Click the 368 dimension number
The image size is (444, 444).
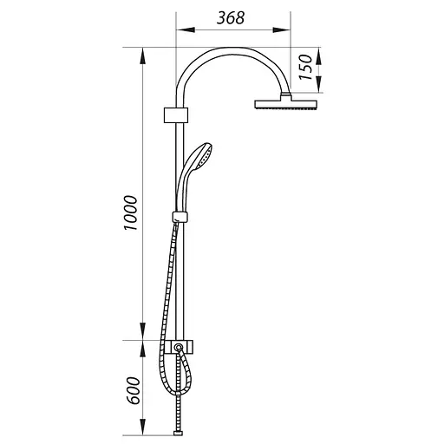[231, 18]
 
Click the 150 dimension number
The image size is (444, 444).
[306, 68]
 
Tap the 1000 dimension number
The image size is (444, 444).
[130, 212]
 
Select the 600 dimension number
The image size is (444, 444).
[134, 390]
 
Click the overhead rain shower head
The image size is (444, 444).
[286, 104]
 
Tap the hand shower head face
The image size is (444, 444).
[205, 157]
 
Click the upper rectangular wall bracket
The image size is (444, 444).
[176, 115]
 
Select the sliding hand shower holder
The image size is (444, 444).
[180, 217]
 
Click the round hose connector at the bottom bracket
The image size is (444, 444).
[179, 346]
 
